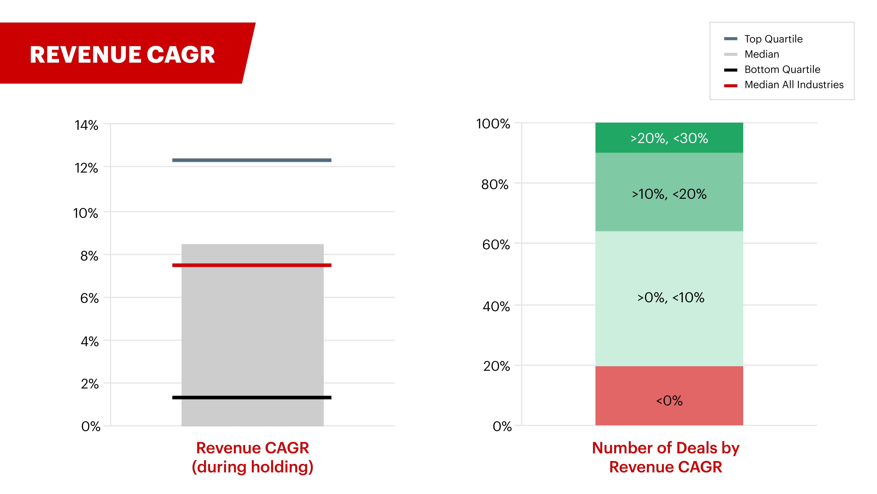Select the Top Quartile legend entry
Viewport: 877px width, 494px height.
773,39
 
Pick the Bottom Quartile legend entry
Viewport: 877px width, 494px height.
782,70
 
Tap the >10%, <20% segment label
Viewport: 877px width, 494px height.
669,194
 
